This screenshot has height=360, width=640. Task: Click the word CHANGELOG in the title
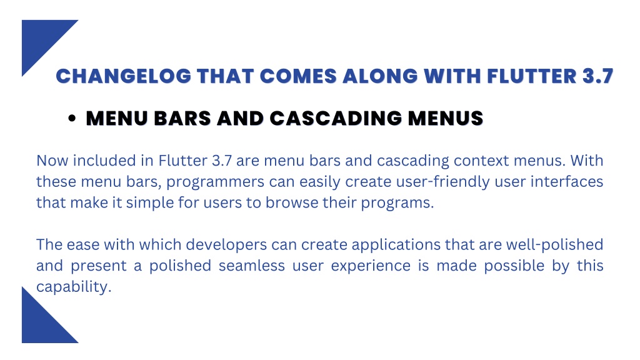(x=123, y=76)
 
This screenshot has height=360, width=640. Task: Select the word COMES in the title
(x=298, y=76)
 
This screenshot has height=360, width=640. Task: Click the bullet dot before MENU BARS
(x=72, y=118)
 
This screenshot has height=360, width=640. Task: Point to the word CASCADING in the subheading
(x=336, y=118)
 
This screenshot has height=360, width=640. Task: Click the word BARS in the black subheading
(x=182, y=118)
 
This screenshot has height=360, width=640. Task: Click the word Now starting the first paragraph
(x=52, y=161)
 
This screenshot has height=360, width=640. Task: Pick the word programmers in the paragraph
(x=215, y=182)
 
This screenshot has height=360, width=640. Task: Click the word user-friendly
(x=417, y=182)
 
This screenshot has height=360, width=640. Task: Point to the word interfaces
(x=567, y=182)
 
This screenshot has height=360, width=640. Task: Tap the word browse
(x=292, y=203)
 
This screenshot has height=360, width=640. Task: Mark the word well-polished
(x=555, y=245)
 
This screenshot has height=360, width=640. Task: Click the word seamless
(x=252, y=266)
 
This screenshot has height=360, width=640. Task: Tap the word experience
(x=371, y=266)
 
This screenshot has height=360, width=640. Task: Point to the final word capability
(x=74, y=287)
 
